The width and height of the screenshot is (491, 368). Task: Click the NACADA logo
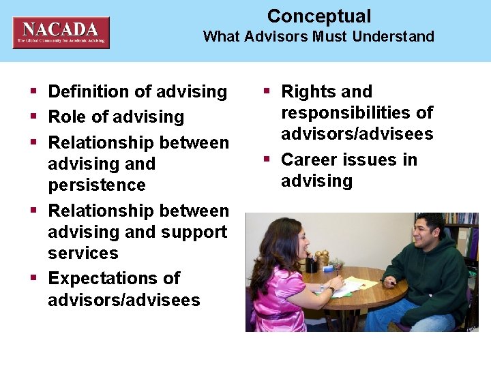pos(61,32)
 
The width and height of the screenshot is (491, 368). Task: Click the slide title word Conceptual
pos(318,16)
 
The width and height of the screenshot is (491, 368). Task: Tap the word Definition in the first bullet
pos(90,91)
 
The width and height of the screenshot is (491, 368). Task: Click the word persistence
pos(97,185)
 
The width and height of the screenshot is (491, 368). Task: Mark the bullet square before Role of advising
pos(33,117)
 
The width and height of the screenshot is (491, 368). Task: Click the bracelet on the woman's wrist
pos(331,289)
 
